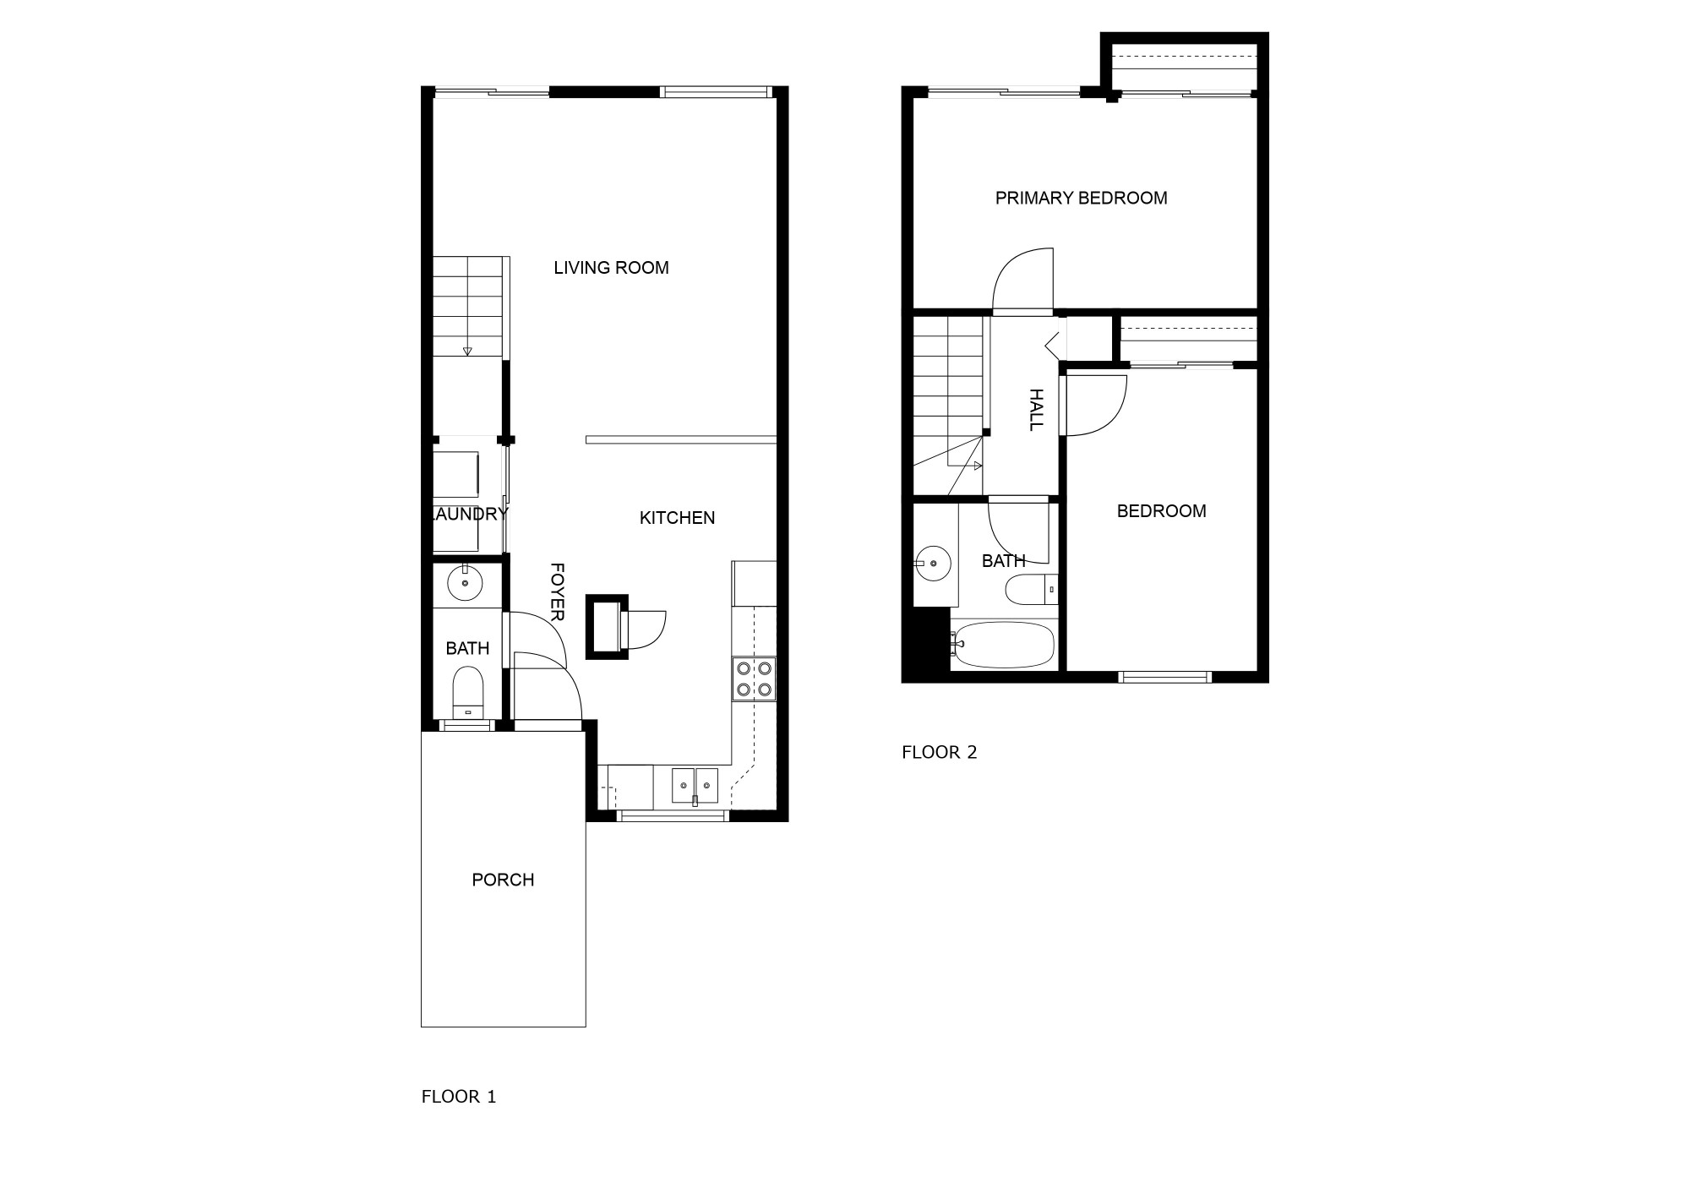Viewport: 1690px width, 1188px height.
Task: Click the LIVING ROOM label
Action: [x=611, y=268]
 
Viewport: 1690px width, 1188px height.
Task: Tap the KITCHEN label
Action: [x=677, y=518]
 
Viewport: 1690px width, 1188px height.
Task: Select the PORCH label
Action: [x=503, y=880]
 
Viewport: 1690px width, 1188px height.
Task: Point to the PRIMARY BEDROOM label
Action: [x=1081, y=198]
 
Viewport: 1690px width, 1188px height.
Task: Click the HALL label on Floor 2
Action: [x=1036, y=410]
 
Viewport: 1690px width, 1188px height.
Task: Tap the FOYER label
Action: [x=557, y=592]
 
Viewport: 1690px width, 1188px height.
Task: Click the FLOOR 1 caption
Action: [x=459, y=1097]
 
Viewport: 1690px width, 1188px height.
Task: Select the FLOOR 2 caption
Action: [x=940, y=752]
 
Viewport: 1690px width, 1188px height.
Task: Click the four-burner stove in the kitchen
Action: [x=754, y=678]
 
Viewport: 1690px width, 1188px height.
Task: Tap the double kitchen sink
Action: [x=695, y=786]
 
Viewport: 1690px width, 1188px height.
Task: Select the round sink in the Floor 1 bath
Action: [x=464, y=582]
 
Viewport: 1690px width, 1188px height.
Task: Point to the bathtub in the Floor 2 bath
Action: [x=1003, y=645]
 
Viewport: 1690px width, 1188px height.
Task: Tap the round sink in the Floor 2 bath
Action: [x=933, y=562]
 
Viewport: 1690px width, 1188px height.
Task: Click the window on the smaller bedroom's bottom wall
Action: [x=1165, y=676]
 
